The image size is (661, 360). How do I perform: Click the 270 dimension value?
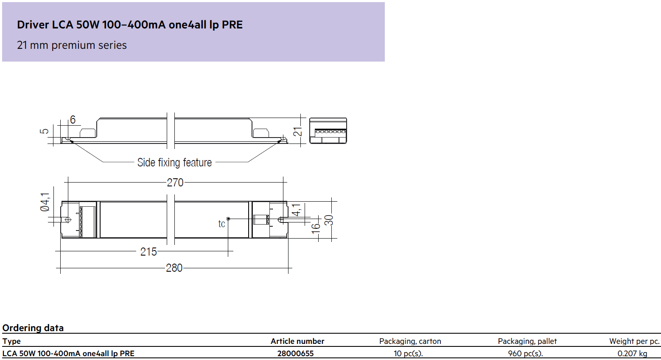tap(175, 183)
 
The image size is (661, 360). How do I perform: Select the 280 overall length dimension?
tap(174, 268)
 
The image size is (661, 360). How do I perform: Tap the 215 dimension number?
tap(148, 252)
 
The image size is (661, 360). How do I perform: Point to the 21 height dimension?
tap(298, 132)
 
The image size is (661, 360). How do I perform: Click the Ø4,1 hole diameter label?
tap(45, 202)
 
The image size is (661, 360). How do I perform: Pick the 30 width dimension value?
tap(329, 220)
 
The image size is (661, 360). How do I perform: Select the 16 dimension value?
tap(316, 228)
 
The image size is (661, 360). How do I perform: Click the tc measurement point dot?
tap(228, 219)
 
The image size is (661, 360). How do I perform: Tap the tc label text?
tap(221, 224)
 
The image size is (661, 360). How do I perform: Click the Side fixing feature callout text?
tap(174, 163)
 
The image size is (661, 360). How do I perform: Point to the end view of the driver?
tap(328, 131)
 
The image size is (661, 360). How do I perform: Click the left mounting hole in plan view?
tap(68, 220)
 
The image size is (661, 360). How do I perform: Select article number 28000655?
tap(295, 354)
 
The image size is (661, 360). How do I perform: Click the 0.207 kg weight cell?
tap(633, 354)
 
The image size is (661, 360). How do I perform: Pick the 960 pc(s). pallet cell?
tap(526, 354)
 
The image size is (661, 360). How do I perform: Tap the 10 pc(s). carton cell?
tap(408, 354)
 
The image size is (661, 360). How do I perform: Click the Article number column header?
tap(297, 341)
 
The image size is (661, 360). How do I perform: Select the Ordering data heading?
tap(33, 328)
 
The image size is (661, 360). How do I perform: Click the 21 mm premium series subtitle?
tap(72, 45)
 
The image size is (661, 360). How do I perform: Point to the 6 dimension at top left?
tap(73, 120)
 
